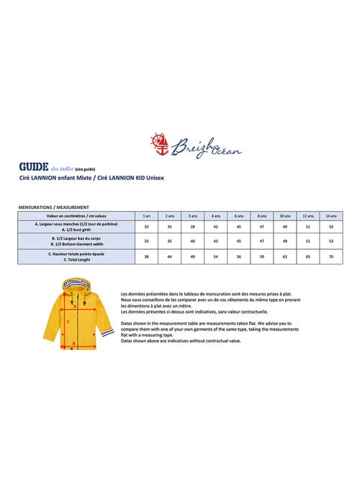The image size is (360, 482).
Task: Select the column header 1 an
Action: point(146,215)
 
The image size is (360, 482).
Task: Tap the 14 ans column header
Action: point(330,215)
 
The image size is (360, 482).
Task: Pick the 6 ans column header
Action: point(238,215)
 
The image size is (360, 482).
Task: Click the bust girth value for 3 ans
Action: point(192,226)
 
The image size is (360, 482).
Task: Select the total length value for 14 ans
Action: point(330,256)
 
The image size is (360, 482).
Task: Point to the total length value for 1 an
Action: point(146,256)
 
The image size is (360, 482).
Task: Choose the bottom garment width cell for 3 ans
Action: point(192,241)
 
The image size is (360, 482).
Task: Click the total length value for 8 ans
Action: point(261,256)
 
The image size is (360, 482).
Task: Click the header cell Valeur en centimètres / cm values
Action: point(76,215)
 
